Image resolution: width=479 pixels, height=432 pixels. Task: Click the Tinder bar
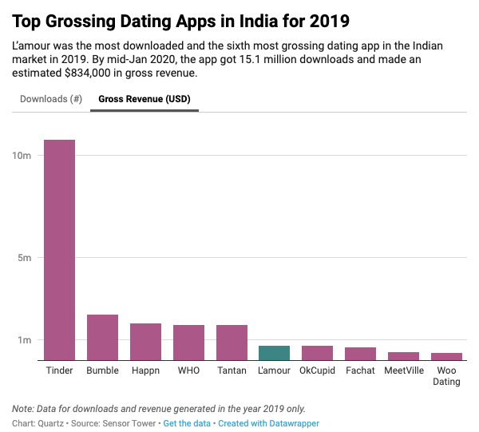pos(59,250)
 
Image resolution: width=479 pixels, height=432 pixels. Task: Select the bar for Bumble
pos(102,337)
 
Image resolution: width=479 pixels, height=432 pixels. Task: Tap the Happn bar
pos(145,342)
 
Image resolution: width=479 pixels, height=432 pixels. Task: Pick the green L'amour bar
pos(274,353)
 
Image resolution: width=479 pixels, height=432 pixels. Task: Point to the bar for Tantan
pos(232,343)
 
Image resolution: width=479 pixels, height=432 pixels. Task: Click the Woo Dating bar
pos(446,356)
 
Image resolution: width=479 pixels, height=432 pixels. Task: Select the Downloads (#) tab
pos(51,99)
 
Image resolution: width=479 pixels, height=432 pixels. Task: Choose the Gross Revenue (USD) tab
pos(144,99)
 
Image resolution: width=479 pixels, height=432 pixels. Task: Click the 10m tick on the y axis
pos(22,155)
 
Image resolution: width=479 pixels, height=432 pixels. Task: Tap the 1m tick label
pos(24,340)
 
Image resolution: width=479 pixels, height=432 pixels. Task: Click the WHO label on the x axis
pos(188,371)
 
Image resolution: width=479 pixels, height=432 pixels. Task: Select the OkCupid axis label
pos(317,371)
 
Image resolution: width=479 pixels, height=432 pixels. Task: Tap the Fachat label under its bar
pos(360,371)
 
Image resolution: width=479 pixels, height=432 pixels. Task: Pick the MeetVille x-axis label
pos(403,371)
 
